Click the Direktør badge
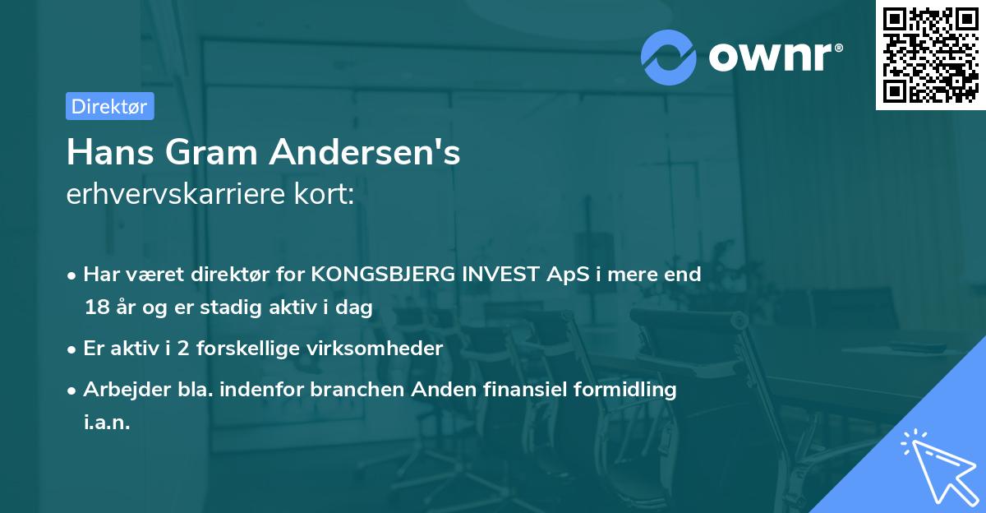click(109, 106)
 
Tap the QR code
click(928, 55)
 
